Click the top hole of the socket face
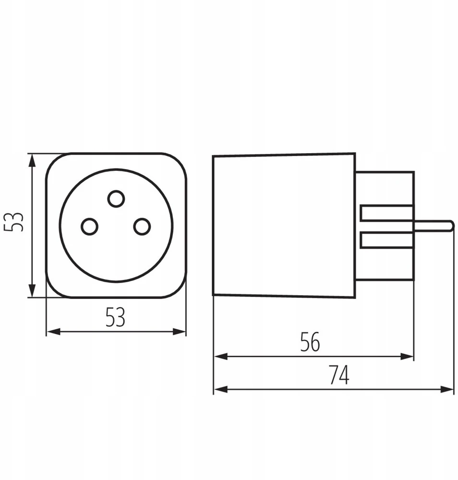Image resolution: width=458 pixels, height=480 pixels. point(116,199)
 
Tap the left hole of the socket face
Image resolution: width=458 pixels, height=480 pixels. point(90,227)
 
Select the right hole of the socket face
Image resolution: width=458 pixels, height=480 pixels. point(142,227)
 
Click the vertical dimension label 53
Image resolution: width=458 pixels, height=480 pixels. point(14,222)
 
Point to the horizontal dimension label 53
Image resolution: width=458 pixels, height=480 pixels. point(115,317)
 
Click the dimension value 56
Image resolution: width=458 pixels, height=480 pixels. point(310,342)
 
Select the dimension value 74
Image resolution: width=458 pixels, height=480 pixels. point(339,375)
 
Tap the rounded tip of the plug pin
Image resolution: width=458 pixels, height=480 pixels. point(451,226)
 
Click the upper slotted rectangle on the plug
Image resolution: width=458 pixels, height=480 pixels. point(387,213)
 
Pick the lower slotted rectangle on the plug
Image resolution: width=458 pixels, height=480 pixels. point(387,240)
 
